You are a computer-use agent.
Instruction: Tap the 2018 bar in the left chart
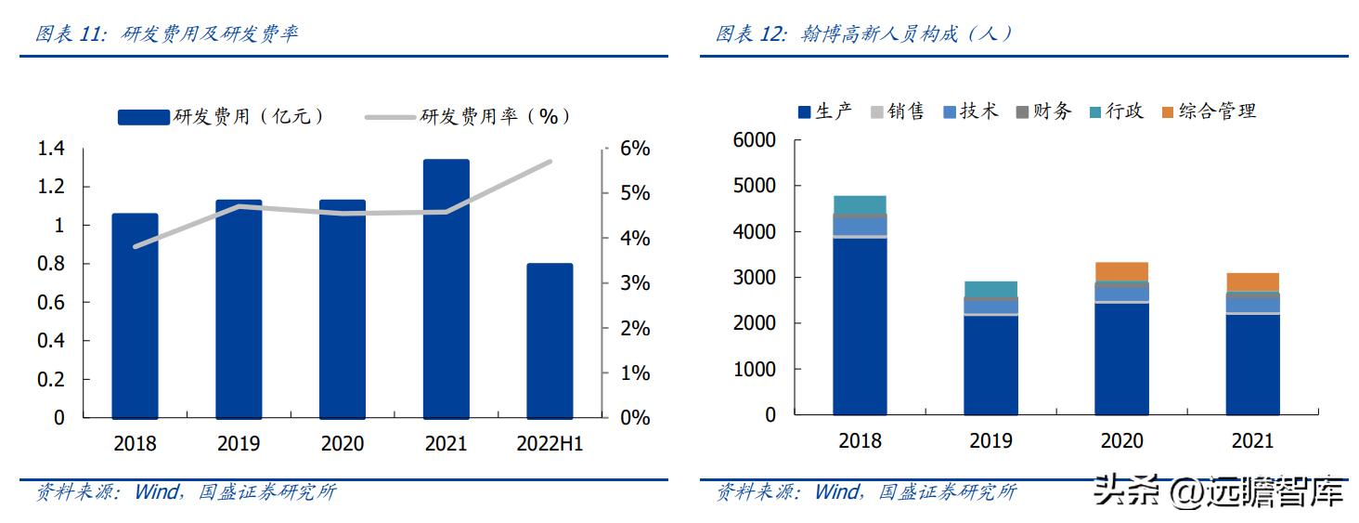pos(135,316)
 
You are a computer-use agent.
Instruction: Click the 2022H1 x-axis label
pos(550,444)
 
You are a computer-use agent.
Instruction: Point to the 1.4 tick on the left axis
pos(51,149)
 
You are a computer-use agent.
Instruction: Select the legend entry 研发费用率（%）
pos(469,116)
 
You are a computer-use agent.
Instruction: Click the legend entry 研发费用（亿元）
pos(223,116)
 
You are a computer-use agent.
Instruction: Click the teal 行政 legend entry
pos(1116,111)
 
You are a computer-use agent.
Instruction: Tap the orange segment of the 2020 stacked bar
pos(1121,271)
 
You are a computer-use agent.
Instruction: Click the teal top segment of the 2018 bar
pos(860,204)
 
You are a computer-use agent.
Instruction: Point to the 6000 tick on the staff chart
pos(754,140)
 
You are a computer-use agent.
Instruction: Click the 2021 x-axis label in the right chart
pos(1252,441)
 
